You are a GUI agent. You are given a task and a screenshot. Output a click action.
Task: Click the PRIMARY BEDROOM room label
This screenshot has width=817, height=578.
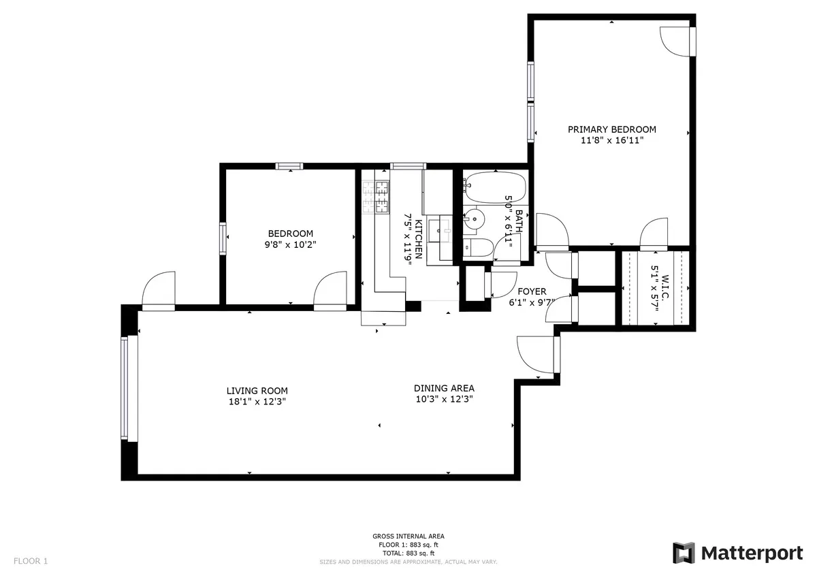(x=611, y=129)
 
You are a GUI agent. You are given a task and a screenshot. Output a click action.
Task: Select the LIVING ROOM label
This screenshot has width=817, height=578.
(x=257, y=391)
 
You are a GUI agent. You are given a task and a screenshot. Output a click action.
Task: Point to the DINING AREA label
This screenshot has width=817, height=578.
(x=443, y=388)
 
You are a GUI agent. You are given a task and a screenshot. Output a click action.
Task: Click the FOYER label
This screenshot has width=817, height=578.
(x=532, y=291)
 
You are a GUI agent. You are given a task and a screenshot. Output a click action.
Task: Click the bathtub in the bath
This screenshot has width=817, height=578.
(x=495, y=187)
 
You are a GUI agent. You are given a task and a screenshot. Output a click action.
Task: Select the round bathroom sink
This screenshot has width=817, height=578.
(x=475, y=219)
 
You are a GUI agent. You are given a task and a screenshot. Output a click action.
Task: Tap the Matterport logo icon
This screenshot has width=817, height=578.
(x=684, y=553)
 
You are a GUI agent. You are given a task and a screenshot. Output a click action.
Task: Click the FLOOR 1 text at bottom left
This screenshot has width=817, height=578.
(x=31, y=562)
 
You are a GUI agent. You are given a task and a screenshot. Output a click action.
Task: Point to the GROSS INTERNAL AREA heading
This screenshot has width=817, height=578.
(x=408, y=536)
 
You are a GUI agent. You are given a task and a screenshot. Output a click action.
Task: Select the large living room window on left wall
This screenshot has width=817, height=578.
(x=124, y=389)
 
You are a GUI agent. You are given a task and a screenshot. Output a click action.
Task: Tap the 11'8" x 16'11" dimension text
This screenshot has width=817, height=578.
(x=611, y=141)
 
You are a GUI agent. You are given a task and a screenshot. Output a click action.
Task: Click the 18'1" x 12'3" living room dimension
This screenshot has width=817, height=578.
(x=257, y=402)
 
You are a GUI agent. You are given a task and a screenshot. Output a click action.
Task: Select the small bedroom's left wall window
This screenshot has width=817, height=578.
(x=222, y=239)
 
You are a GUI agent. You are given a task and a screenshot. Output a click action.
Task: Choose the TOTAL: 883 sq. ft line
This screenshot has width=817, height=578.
(x=408, y=553)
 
